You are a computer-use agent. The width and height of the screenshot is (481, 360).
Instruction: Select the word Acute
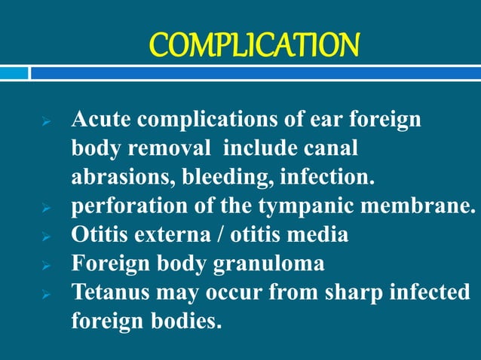[x=102, y=120]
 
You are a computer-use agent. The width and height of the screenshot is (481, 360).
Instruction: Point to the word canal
[x=329, y=149]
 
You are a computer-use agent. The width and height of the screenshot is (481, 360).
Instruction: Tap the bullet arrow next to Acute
[x=45, y=122]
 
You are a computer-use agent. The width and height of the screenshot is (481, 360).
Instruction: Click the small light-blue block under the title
[x=14, y=72]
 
